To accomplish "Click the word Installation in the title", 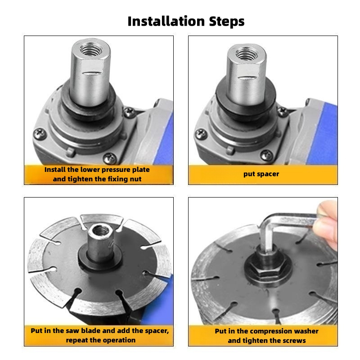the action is tap(166, 21).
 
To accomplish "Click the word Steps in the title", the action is tap(227, 22).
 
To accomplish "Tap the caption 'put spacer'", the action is tap(261, 174).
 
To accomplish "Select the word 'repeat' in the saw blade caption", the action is tap(77, 340).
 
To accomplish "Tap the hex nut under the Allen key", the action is tap(267, 267).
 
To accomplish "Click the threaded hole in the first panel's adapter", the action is tap(91, 49).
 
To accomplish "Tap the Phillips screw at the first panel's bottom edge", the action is tap(110, 158).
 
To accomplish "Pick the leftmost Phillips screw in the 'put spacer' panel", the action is tap(201, 134).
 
